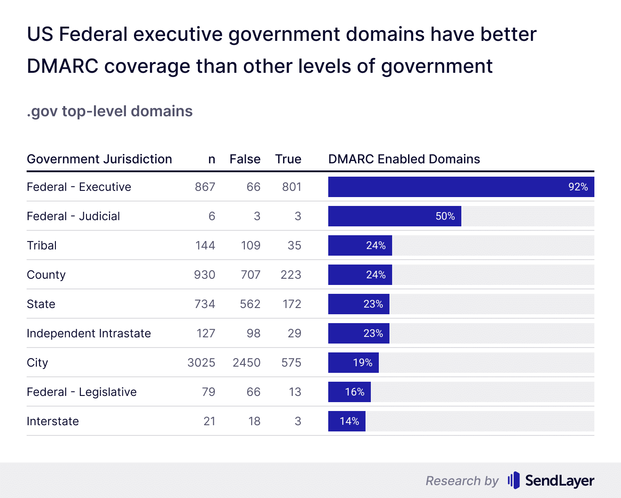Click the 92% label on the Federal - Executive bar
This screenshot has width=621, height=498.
tap(578, 187)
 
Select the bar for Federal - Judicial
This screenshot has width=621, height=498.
tap(394, 216)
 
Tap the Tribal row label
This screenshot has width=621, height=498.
tap(42, 245)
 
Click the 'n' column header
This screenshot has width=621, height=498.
tap(212, 159)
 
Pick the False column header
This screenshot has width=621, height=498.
tap(245, 159)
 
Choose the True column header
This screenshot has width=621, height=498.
tap(288, 159)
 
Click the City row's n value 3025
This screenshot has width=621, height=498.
tap(201, 363)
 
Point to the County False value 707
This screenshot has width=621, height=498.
tap(251, 275)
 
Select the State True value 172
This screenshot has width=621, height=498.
tap(292, 304)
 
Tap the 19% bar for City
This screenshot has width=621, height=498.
tap(353, 363)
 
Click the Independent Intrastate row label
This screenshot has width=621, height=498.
tap(89, 333)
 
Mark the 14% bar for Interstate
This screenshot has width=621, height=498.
tap(346, 421)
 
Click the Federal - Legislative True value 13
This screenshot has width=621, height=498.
tap(295, 392)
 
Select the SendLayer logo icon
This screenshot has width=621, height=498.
tap(513, 480)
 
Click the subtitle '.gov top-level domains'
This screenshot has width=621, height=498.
tap(110, 111)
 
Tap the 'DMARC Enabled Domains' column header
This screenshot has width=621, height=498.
tap(404, 159)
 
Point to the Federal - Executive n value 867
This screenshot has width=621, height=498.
tap(205, 187)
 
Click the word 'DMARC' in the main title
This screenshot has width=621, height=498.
tap(63, 66)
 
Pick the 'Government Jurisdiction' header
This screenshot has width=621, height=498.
tap(99, 159)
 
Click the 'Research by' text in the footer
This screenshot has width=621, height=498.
tap(462, 481)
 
